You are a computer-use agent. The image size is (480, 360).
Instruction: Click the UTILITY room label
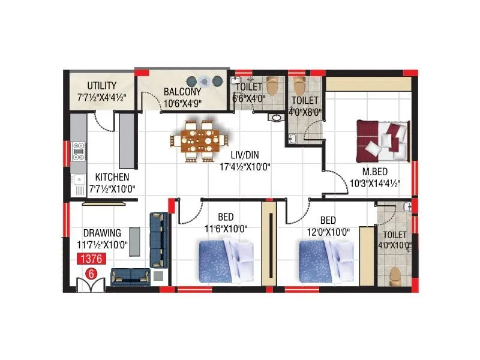click(101, 85)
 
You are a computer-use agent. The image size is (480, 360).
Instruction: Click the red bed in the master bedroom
click(382, 140)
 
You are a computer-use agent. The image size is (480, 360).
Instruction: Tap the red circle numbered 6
click(92, 273)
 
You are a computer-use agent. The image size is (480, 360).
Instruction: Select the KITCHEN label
click(112, 178)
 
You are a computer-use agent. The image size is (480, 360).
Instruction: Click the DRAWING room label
click(102, 233)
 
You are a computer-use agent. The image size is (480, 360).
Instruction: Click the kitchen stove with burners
click(79, 151)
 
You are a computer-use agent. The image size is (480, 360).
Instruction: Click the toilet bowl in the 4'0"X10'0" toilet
click(395, 277)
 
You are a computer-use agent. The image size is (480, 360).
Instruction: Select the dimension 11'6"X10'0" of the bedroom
click(226, 228)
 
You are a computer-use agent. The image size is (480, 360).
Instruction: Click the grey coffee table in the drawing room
click(136, 242)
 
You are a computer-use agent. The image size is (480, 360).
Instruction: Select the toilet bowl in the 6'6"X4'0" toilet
click(273, 87)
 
